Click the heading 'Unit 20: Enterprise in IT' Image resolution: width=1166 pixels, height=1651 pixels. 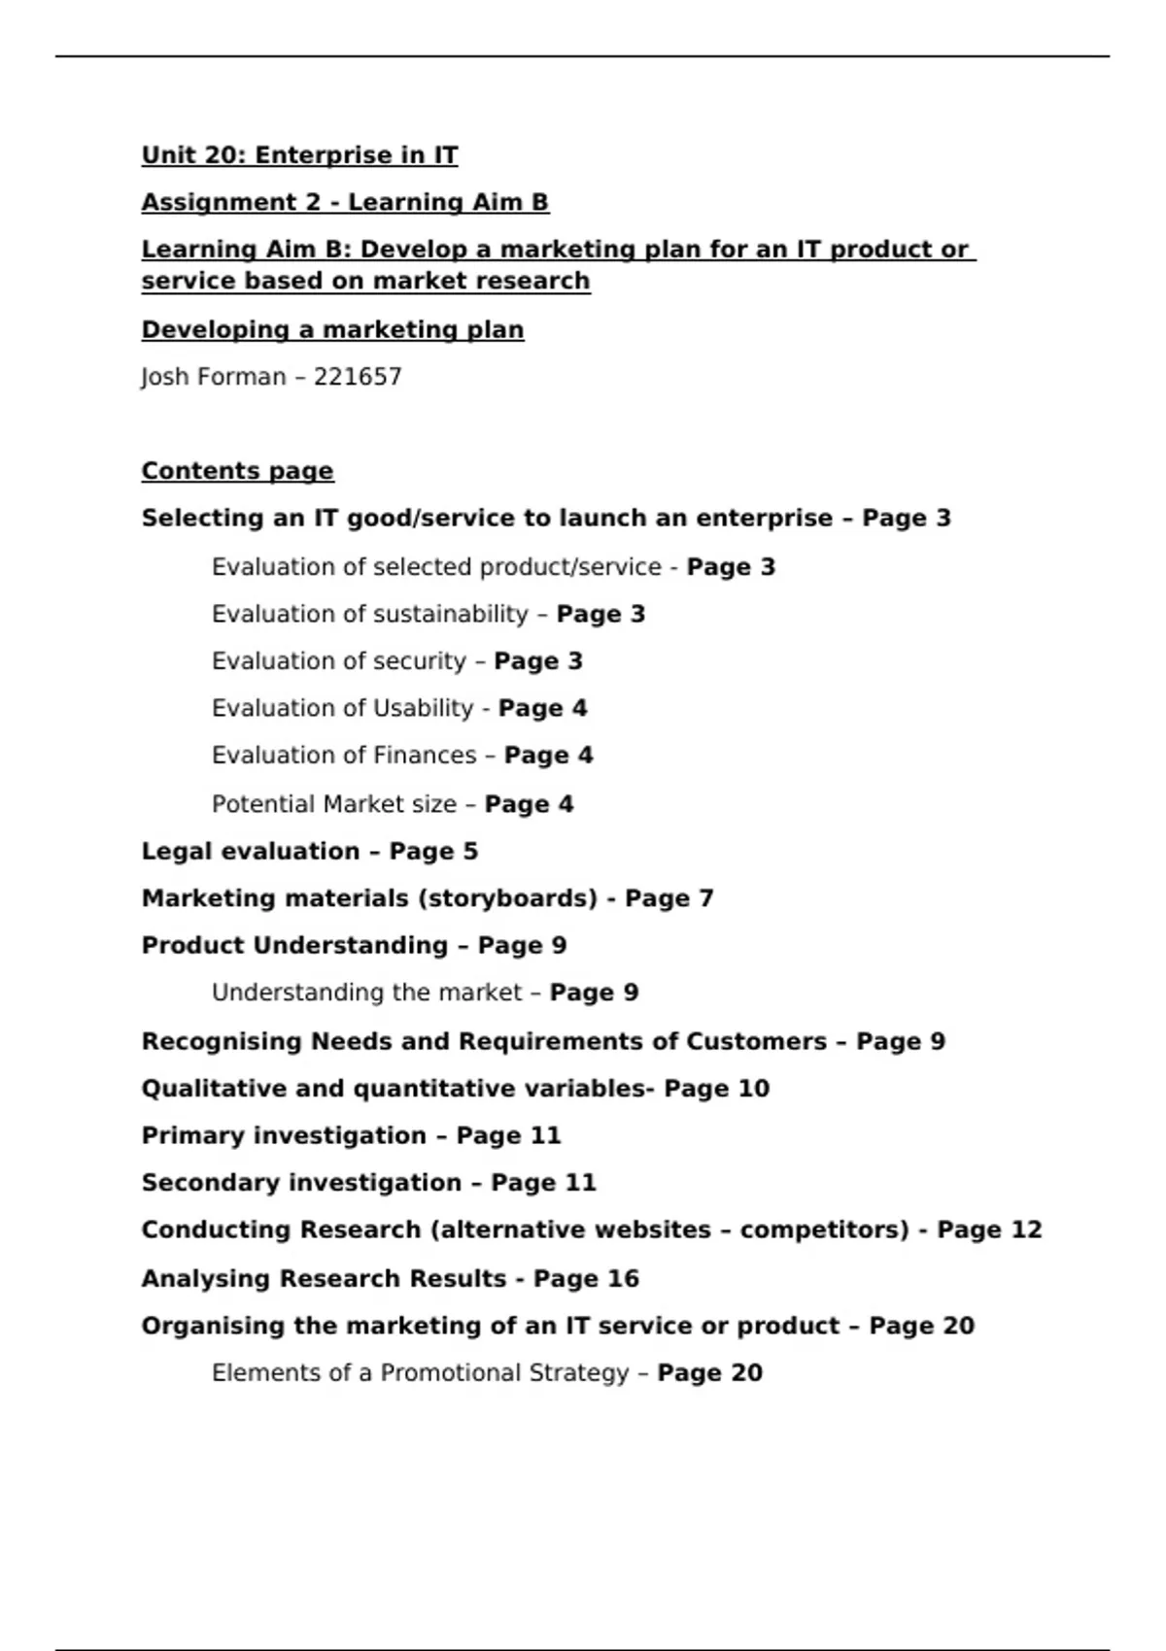tap(299, 155)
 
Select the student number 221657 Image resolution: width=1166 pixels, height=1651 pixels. tap(358, 377)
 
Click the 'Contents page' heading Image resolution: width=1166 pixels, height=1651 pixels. tap(237, 471)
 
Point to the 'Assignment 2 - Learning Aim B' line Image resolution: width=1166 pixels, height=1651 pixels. tap(345, 202)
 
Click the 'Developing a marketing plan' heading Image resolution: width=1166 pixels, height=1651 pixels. tap(332, 330)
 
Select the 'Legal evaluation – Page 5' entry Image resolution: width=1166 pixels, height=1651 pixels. tap(309, 852)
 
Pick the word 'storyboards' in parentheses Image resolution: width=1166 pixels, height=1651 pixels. tap(507, 898)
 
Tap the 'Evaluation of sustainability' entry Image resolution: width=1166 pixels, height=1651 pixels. tap(369, 614)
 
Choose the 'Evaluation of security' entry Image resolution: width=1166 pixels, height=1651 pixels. tap(339, 661)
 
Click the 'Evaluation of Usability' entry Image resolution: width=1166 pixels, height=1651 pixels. tap(342, 708)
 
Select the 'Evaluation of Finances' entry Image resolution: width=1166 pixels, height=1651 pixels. tap(344, 756)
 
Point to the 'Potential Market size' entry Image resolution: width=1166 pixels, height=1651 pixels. tap(334, 804)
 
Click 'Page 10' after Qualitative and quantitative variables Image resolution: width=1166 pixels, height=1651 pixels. tap(716, 1089)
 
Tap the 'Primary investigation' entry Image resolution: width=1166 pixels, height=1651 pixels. tap(284, 1135)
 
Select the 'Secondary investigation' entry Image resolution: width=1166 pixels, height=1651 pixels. tap(301, 1183)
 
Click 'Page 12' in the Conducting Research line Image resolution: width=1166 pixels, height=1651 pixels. tap(989, 1230)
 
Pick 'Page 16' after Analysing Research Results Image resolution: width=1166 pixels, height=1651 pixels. tap(586, 1278)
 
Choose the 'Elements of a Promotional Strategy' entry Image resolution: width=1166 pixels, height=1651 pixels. tap(420, 1373)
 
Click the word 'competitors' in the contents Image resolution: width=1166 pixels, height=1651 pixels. tap(823, 1230)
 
